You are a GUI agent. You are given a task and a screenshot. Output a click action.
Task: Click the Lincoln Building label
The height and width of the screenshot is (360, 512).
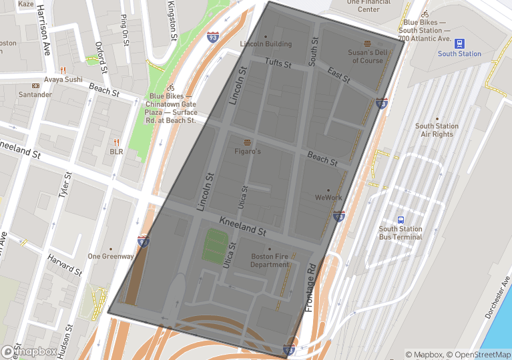click(x=266, y=44)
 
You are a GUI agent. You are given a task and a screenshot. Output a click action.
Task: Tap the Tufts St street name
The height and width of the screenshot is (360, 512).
click(x=278, y=63)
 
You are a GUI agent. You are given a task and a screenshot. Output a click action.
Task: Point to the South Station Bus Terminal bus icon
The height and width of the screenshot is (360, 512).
click(x=401, y=220)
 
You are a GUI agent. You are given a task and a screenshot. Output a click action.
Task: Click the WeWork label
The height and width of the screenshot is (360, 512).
click(x=328, y=198)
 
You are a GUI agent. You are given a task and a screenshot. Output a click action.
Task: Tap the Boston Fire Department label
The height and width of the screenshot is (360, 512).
click(x=270, y=260)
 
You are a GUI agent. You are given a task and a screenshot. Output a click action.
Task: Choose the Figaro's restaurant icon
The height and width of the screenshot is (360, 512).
click(x=248, y=142)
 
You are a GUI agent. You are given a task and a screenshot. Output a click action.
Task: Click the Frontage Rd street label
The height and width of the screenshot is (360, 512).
click(x=310, y=287)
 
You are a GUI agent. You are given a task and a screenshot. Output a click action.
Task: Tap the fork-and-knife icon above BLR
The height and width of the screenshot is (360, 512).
click(x=116, y=142)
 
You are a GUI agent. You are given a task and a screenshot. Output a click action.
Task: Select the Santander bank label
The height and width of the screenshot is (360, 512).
click(x=35, y=95)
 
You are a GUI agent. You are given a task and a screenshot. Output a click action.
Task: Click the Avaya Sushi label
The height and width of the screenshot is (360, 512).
click(x=63, y=79)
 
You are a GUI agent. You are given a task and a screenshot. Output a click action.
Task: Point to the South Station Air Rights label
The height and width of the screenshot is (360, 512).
click(x=437, y=130)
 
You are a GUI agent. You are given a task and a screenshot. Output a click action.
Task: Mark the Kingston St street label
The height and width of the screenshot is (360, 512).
click(x=173, y=21)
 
